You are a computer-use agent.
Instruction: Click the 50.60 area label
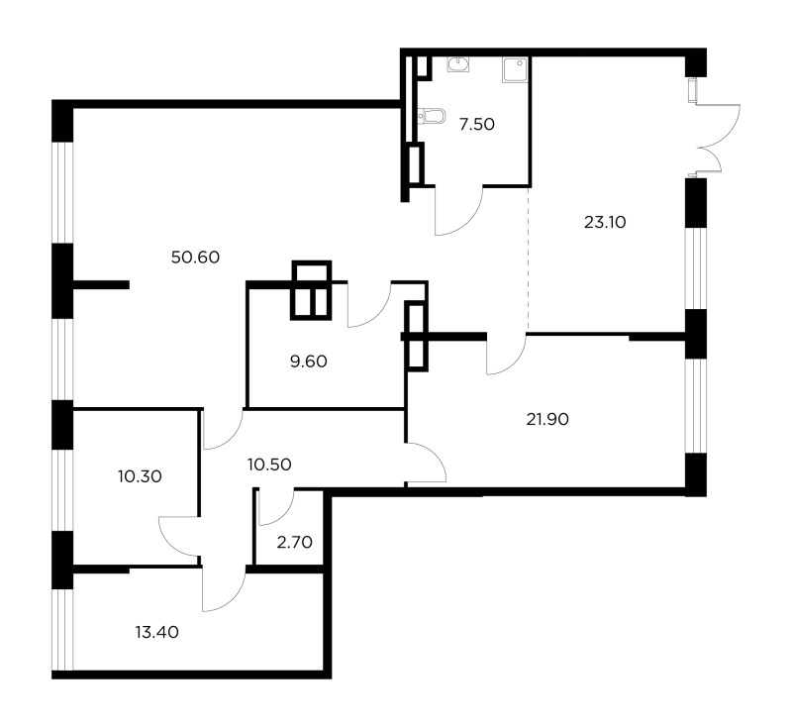click(x=195, y=258)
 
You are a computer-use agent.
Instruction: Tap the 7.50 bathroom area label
click(x=477, y=124)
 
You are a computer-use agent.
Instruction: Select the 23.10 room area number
click(x=605, y=222)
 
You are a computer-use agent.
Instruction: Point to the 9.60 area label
click(x=309, y=362)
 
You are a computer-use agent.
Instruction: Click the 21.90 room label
click(x=547, y=419)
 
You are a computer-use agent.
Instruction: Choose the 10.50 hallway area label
click(x=269, y=465)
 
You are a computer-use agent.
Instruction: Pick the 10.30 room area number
click(x=140, y=476)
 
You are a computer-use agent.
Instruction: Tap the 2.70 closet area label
click(x=294, y=543)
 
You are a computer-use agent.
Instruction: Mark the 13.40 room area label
click(x=157, y=633)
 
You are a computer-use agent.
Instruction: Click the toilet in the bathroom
click(x=432, y=116)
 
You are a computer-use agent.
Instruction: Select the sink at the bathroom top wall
click(x=457, y=64)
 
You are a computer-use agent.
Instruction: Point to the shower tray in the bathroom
click(x=515, y=69)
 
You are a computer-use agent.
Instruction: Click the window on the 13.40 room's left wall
click(x=62, y=630)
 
